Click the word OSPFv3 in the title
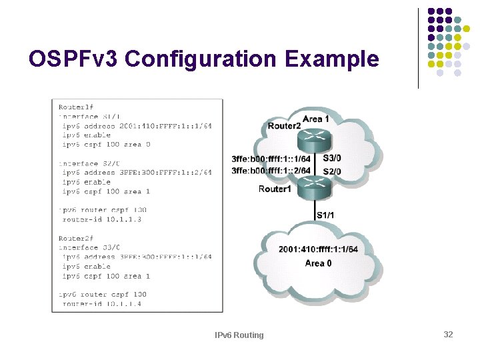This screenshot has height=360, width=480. [x=73, y=59]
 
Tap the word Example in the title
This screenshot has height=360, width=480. [x=331, y=59]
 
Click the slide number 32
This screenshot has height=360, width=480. [x=448, y=334]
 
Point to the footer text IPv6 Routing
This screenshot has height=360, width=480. [x=239, y=335]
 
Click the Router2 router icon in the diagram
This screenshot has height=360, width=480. [x=314, y=140]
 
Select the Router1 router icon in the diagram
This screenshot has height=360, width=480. [x=314, y=191]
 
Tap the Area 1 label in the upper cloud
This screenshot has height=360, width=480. [x=315, y=119]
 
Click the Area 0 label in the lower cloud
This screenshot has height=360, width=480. [x=318, y=263]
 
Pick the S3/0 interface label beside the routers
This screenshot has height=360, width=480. [x=331, y=159]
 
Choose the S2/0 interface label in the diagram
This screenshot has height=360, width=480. [x=331, y=171]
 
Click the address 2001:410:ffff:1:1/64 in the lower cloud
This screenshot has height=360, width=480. [x=318, y=249]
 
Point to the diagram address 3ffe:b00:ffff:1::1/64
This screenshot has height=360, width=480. [x=271, y=159]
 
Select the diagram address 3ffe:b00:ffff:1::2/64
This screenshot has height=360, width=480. [x=271, y=171]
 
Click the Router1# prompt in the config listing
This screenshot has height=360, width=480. [x=75, y=107]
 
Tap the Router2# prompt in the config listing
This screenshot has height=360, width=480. [x=75, y=238]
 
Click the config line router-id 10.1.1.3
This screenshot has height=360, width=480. [x=101, y=219]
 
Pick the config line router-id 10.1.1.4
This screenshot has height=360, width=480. [x=101, y=304]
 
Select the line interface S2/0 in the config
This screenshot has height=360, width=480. [x=89, y=163]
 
